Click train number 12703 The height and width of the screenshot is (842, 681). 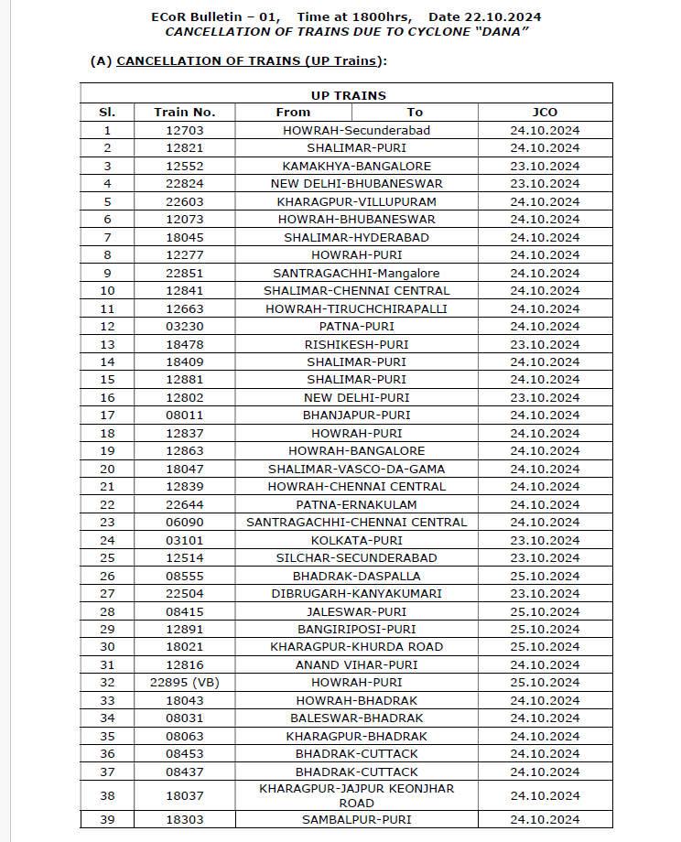tap(184, 130)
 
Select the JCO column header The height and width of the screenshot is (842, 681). tap(545, 112)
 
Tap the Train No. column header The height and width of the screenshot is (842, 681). tap(184, 112)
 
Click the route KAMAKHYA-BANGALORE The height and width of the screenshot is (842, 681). tap(356, 166)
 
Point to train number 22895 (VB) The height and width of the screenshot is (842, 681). tap(184, 682)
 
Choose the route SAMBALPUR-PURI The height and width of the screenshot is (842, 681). tap(356, 819)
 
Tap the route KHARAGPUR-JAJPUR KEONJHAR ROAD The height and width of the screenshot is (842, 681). tap(356, 795)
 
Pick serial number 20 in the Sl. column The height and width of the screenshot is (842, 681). tap(107, 469)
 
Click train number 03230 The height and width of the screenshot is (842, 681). tap(184, 326)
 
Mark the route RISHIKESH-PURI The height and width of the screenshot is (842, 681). tap(356, 344)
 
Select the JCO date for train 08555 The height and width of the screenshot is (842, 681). tap(545, 576)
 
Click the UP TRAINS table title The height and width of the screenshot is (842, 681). tap(348, 95)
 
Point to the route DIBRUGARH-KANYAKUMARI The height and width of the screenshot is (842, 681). tap(356, 593)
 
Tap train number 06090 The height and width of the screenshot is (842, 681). tap(184, 522)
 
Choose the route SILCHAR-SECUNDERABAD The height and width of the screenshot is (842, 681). tap(356, 557)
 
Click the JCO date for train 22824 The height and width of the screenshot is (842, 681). tap(545, 183)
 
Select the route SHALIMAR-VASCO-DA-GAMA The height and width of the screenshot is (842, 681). tap(356, 469)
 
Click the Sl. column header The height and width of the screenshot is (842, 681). tap(107, 112)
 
